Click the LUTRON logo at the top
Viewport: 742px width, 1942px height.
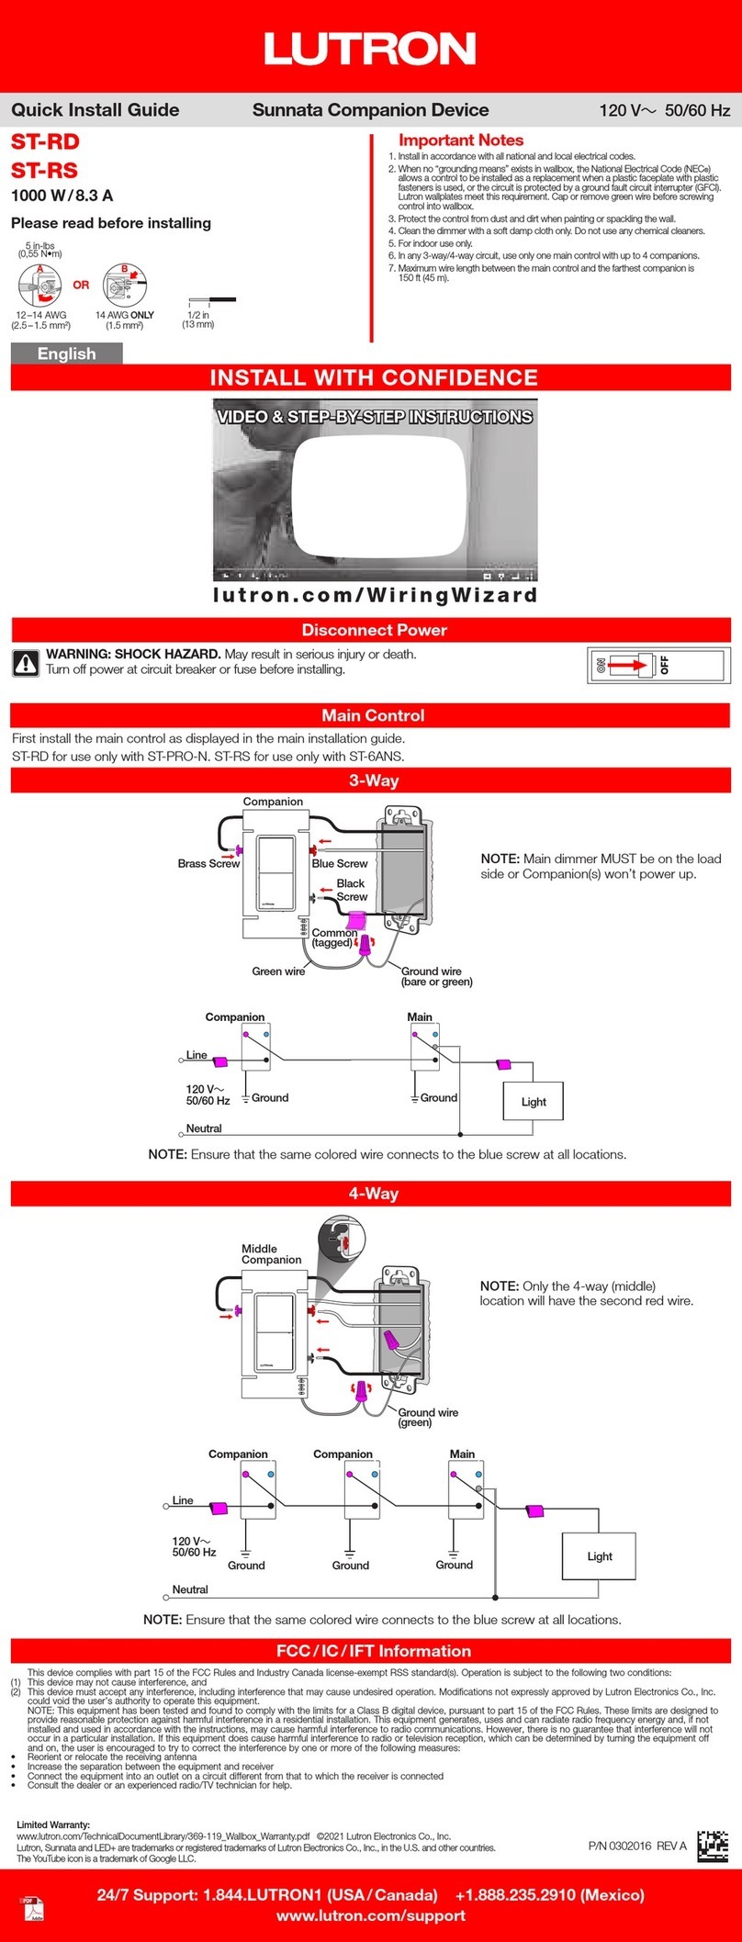pyautogui.click(x=370, y=48)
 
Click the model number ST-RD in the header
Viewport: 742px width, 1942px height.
pyautogui.click(x=45, y=142)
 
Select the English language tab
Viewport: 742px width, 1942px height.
pyautogui.click(x=66, y=354)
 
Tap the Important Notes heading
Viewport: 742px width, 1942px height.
pyautogui.click(x=461, y=140)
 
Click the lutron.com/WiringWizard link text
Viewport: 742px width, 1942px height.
pyautogui.click(x=375, y=595)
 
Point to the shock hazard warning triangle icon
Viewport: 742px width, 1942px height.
pyautogui.click(x=25, y=662)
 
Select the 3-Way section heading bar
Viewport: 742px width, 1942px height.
pyautogui.click(x=371, y=780)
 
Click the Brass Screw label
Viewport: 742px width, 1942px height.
pyautogui.click(x=208, y=864)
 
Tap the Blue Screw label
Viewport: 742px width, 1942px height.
pyautogui.click(x=340, y=864)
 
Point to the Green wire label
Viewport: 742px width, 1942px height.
pyautogui.click(x=278, y=971)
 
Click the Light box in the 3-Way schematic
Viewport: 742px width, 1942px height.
pyautogui.click(x=534, y=1102)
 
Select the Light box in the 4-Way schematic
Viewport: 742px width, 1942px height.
pyautogui.click(x=599, y=1556)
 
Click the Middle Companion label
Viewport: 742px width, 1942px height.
pyautogui.click(x=271, y=1254)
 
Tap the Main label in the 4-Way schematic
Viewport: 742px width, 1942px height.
pyautogui.click(x=462, y=1454)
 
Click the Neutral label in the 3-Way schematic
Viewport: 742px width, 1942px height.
pyautogui.click(x=204, y=1128)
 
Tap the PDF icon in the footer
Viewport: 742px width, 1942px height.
pyautogui.click(x=33, y=1908)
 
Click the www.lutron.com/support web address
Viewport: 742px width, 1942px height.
pyautogui.click(x=370, y=1916)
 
